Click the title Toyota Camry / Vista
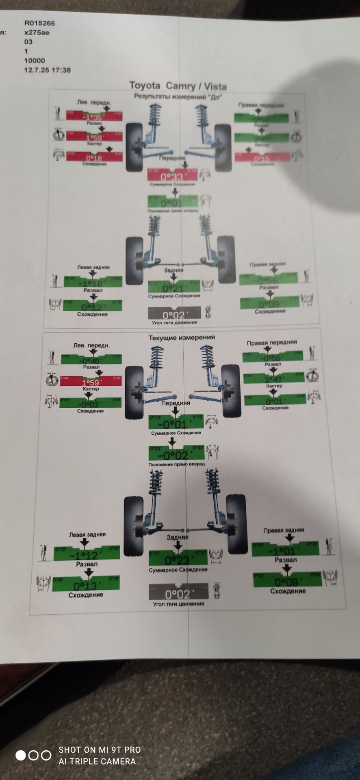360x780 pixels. click(x=178, y=86)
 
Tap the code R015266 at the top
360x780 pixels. click(x=39, y=23)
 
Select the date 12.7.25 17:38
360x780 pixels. click(x=47, y=70)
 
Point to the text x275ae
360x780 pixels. click(x=37, y=32)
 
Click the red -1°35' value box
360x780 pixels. click(x=94, y=116)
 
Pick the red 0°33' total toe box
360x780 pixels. click(x=172, y=175)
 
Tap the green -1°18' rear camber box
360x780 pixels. click(x=93, y=282)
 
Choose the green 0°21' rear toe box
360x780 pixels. click(x=174, y=286)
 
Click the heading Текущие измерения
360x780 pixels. click(x=182, y=338)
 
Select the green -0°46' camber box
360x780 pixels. click(x=91, y=359)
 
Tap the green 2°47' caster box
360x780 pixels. click(x=274, y=378)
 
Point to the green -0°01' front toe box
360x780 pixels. click(x=175, y=422)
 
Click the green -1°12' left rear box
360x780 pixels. click(x=87, y=554)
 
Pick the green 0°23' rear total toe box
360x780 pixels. click(x=178, y=558)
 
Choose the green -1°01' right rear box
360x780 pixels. click(x=285, y=550)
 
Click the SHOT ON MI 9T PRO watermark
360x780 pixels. click(x=99, y=750)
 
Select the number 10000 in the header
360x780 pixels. click(x=35, y=61)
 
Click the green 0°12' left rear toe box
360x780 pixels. click(x=92, y=305)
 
